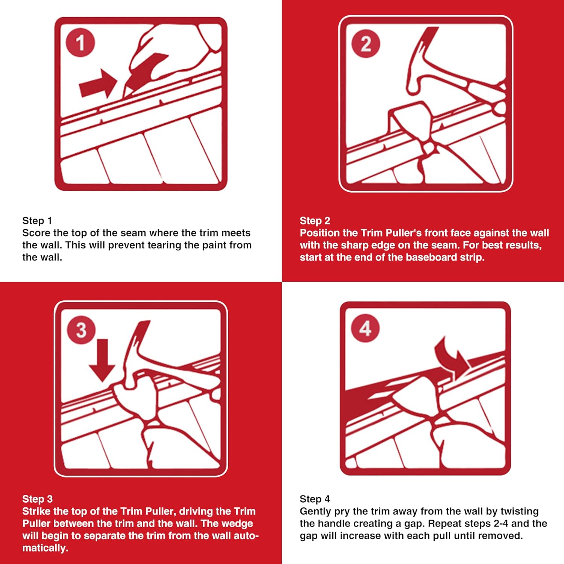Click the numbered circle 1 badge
[80, 42]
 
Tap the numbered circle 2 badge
[365, 44]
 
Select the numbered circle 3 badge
[81, 330]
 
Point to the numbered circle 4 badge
[365, 328]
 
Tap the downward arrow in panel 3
[102, 359]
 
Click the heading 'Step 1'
[37, 221]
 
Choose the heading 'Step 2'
[315, 221]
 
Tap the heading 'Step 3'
[37, 499]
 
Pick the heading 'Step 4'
[315, 499]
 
